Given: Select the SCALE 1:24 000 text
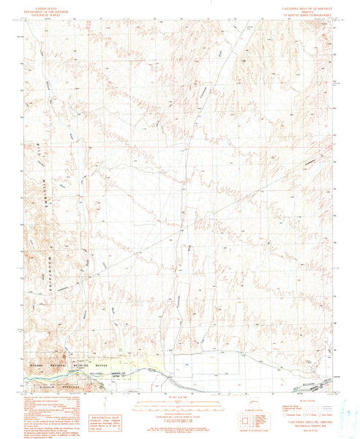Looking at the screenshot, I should [179, 396].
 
